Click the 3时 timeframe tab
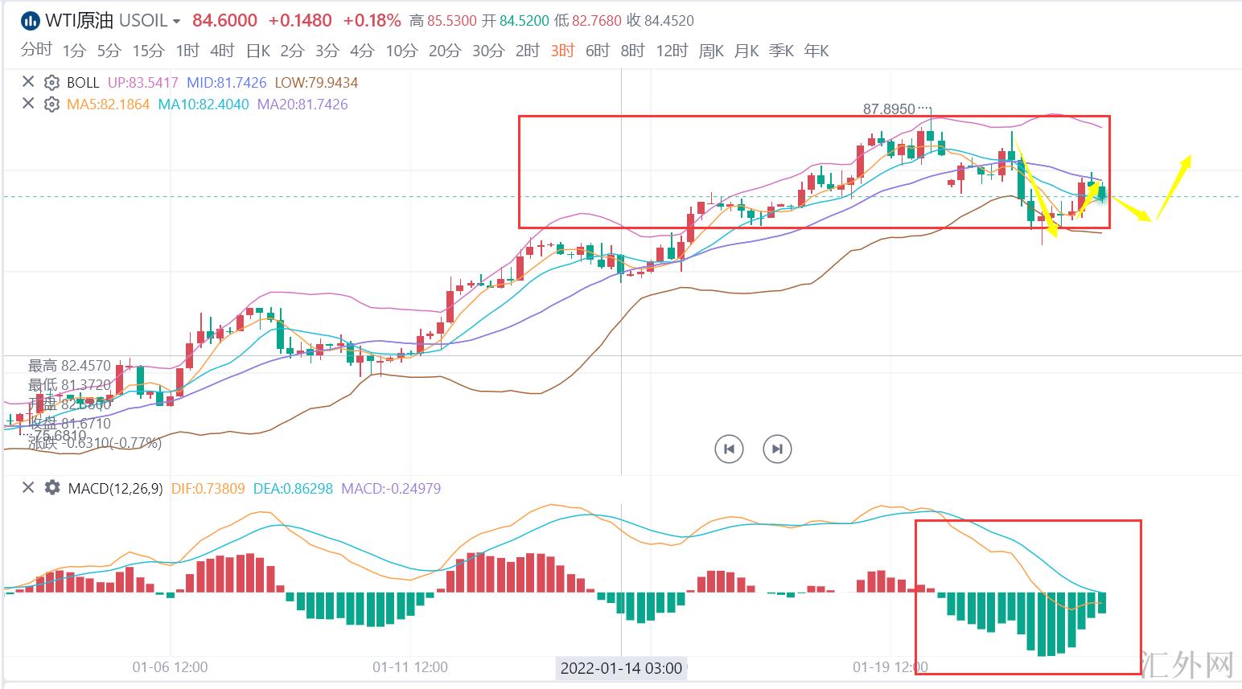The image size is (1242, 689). (x=562, y=51)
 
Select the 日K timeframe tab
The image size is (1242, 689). (x=258, y=51)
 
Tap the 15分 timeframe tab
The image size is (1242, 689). (x=148, y=51)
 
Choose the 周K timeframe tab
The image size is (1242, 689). (x=711, y=51)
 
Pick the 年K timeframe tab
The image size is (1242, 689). (x=816, y=51)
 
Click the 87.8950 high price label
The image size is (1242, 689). (x=889, y=109)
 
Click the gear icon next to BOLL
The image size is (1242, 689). (x=51, y=83)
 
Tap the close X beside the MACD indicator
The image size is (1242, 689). (x=28, y=488)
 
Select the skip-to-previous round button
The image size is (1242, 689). (x=729, y=449)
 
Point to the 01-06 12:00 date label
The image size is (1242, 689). (x=170, y=667)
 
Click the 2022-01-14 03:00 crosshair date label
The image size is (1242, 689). (x=621, y=668)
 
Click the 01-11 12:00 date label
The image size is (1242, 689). (x=410, y=667)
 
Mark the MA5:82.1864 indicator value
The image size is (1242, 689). (x=109, y=105)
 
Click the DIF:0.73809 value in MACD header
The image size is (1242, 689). (x=208, y=488)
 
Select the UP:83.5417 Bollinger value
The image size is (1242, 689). (x=142, y=83)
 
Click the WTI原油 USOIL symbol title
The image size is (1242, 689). (x=105, y=20)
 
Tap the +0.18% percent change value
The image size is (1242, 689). (x=372, y=20)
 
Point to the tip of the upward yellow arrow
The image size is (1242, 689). (x=1188, y=157)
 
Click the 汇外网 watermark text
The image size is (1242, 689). (x=1187, y=664)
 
